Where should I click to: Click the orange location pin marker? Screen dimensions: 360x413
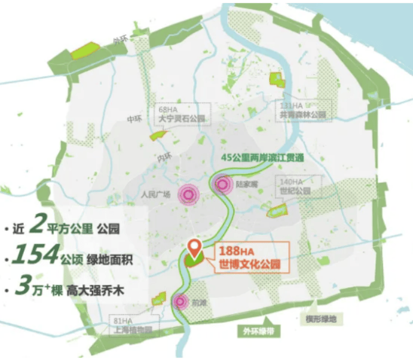click(x=195, y=248)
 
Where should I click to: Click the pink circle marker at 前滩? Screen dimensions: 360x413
click(x=180, y=301)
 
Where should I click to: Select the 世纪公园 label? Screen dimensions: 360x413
click(x=295, y=192)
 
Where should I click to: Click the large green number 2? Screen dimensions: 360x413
click(x=37, y=227)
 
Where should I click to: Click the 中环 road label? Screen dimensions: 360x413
click(x=134, y=119)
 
